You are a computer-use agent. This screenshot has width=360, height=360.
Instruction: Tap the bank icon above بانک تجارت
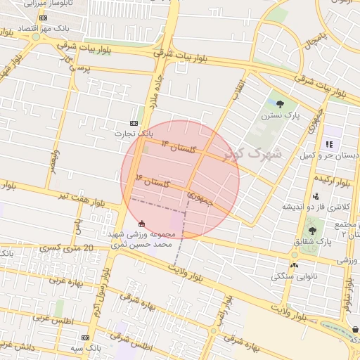[135, 122]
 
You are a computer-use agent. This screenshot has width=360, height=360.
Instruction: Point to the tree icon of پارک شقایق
[312, 230]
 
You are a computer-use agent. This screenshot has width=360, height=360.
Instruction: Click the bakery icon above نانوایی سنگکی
[294, 265]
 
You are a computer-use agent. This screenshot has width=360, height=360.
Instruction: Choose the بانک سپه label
[86, 348]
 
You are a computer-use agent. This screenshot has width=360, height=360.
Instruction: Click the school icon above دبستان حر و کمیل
[328, 144]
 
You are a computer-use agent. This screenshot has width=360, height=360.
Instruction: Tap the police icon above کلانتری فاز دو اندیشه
[315, 196]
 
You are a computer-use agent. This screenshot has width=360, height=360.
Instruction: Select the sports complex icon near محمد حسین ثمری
[142, 223]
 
